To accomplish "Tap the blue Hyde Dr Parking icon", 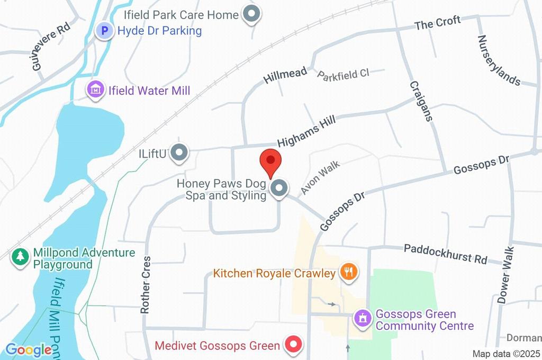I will point(104,31).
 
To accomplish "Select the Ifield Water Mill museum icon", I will point(95,91).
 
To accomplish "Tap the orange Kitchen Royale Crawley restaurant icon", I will point(348,273).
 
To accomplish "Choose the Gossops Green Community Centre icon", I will point(363,319).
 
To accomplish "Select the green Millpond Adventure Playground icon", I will point(21,258).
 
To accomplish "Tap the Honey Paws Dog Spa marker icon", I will point(279,188).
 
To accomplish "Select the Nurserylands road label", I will point(499,60).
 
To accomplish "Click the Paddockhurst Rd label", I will point(445,254).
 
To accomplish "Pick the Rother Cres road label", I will point(146,285).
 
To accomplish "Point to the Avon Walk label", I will point(320,177).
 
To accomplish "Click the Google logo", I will point(29,350).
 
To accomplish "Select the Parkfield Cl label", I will point(343,74).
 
